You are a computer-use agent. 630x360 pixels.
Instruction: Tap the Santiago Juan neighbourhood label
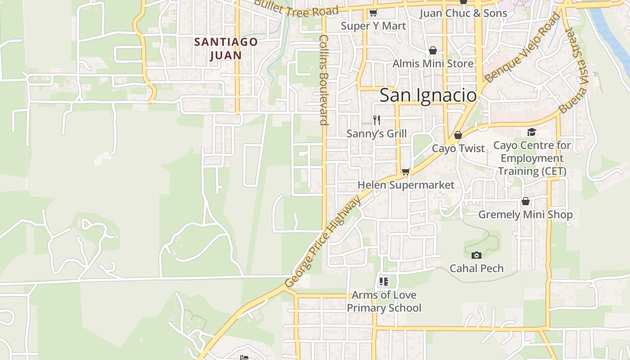[x=226, y=49]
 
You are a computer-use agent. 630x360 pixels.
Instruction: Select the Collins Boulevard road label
[x=324, y=80]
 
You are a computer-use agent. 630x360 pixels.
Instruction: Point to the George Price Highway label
[x=323, y=242]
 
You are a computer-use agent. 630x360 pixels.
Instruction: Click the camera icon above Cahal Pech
[x=477, y=255]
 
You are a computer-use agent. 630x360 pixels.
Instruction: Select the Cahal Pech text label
[x=477, y=269]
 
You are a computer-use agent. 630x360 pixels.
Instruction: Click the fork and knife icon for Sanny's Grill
[x=377, y=120]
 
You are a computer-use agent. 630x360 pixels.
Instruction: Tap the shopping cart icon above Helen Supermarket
[x=405, y=171]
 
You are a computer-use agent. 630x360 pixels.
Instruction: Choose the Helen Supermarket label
[x=405, y=185]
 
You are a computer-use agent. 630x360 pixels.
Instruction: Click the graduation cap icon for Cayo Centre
[x=531, y=132]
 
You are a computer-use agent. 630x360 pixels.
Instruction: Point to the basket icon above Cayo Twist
[x=458, y=135]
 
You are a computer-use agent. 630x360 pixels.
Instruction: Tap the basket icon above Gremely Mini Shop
[x=525, y=201]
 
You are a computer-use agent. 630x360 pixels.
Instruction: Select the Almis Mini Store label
[x=433, y=63]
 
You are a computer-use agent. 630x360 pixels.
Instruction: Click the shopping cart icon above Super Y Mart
[x=373, y=13]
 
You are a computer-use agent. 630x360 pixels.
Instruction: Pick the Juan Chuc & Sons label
[x=463, y=13]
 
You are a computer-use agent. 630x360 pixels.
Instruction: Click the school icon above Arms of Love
[x=384, y=282]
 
